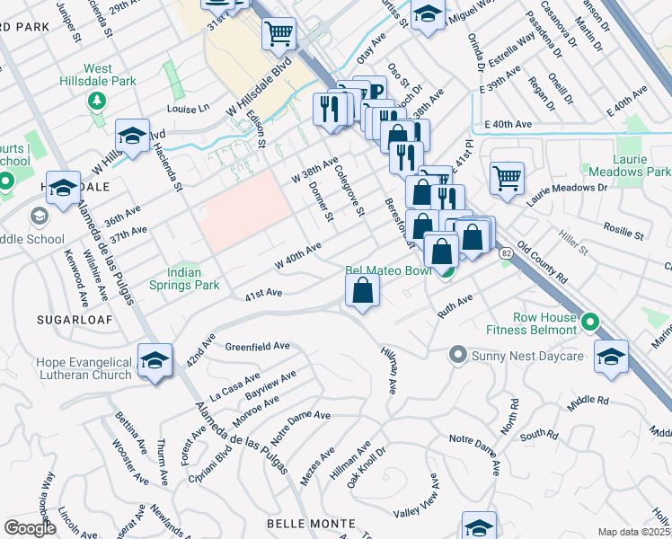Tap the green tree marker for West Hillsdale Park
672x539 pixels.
97,100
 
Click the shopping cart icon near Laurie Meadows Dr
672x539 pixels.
507,177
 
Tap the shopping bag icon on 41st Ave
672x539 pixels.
362,290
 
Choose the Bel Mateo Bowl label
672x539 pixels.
388,270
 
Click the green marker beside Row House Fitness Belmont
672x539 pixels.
590,321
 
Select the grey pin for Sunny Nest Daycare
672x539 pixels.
458,355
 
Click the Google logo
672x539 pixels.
30,527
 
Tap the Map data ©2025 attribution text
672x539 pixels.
632,531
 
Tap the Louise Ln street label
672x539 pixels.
187,109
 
